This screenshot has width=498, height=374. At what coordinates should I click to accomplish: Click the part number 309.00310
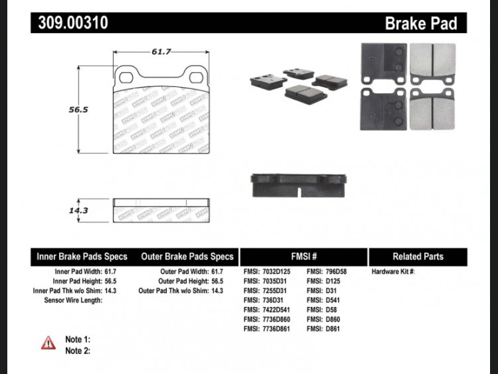click(x=73, y=23)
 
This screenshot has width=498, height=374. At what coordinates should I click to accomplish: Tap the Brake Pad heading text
click(x=421, y=23)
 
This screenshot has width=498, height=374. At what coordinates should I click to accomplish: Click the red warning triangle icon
click(x=48, y=343)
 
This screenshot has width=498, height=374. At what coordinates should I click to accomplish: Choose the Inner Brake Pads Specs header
click(x=82, y=256)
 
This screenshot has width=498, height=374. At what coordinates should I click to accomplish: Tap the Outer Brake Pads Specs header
click(x=187, y=256)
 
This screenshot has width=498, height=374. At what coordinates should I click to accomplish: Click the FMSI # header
click(x=304, y=256)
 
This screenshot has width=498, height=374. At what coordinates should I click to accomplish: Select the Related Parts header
click(x=418, y=256)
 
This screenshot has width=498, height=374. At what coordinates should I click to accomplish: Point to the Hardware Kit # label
click(x=393, y=272)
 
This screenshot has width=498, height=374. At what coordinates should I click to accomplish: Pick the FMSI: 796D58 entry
click(x=327, y=272)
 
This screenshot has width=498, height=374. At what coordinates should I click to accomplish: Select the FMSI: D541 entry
click(x=323, y=300)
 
